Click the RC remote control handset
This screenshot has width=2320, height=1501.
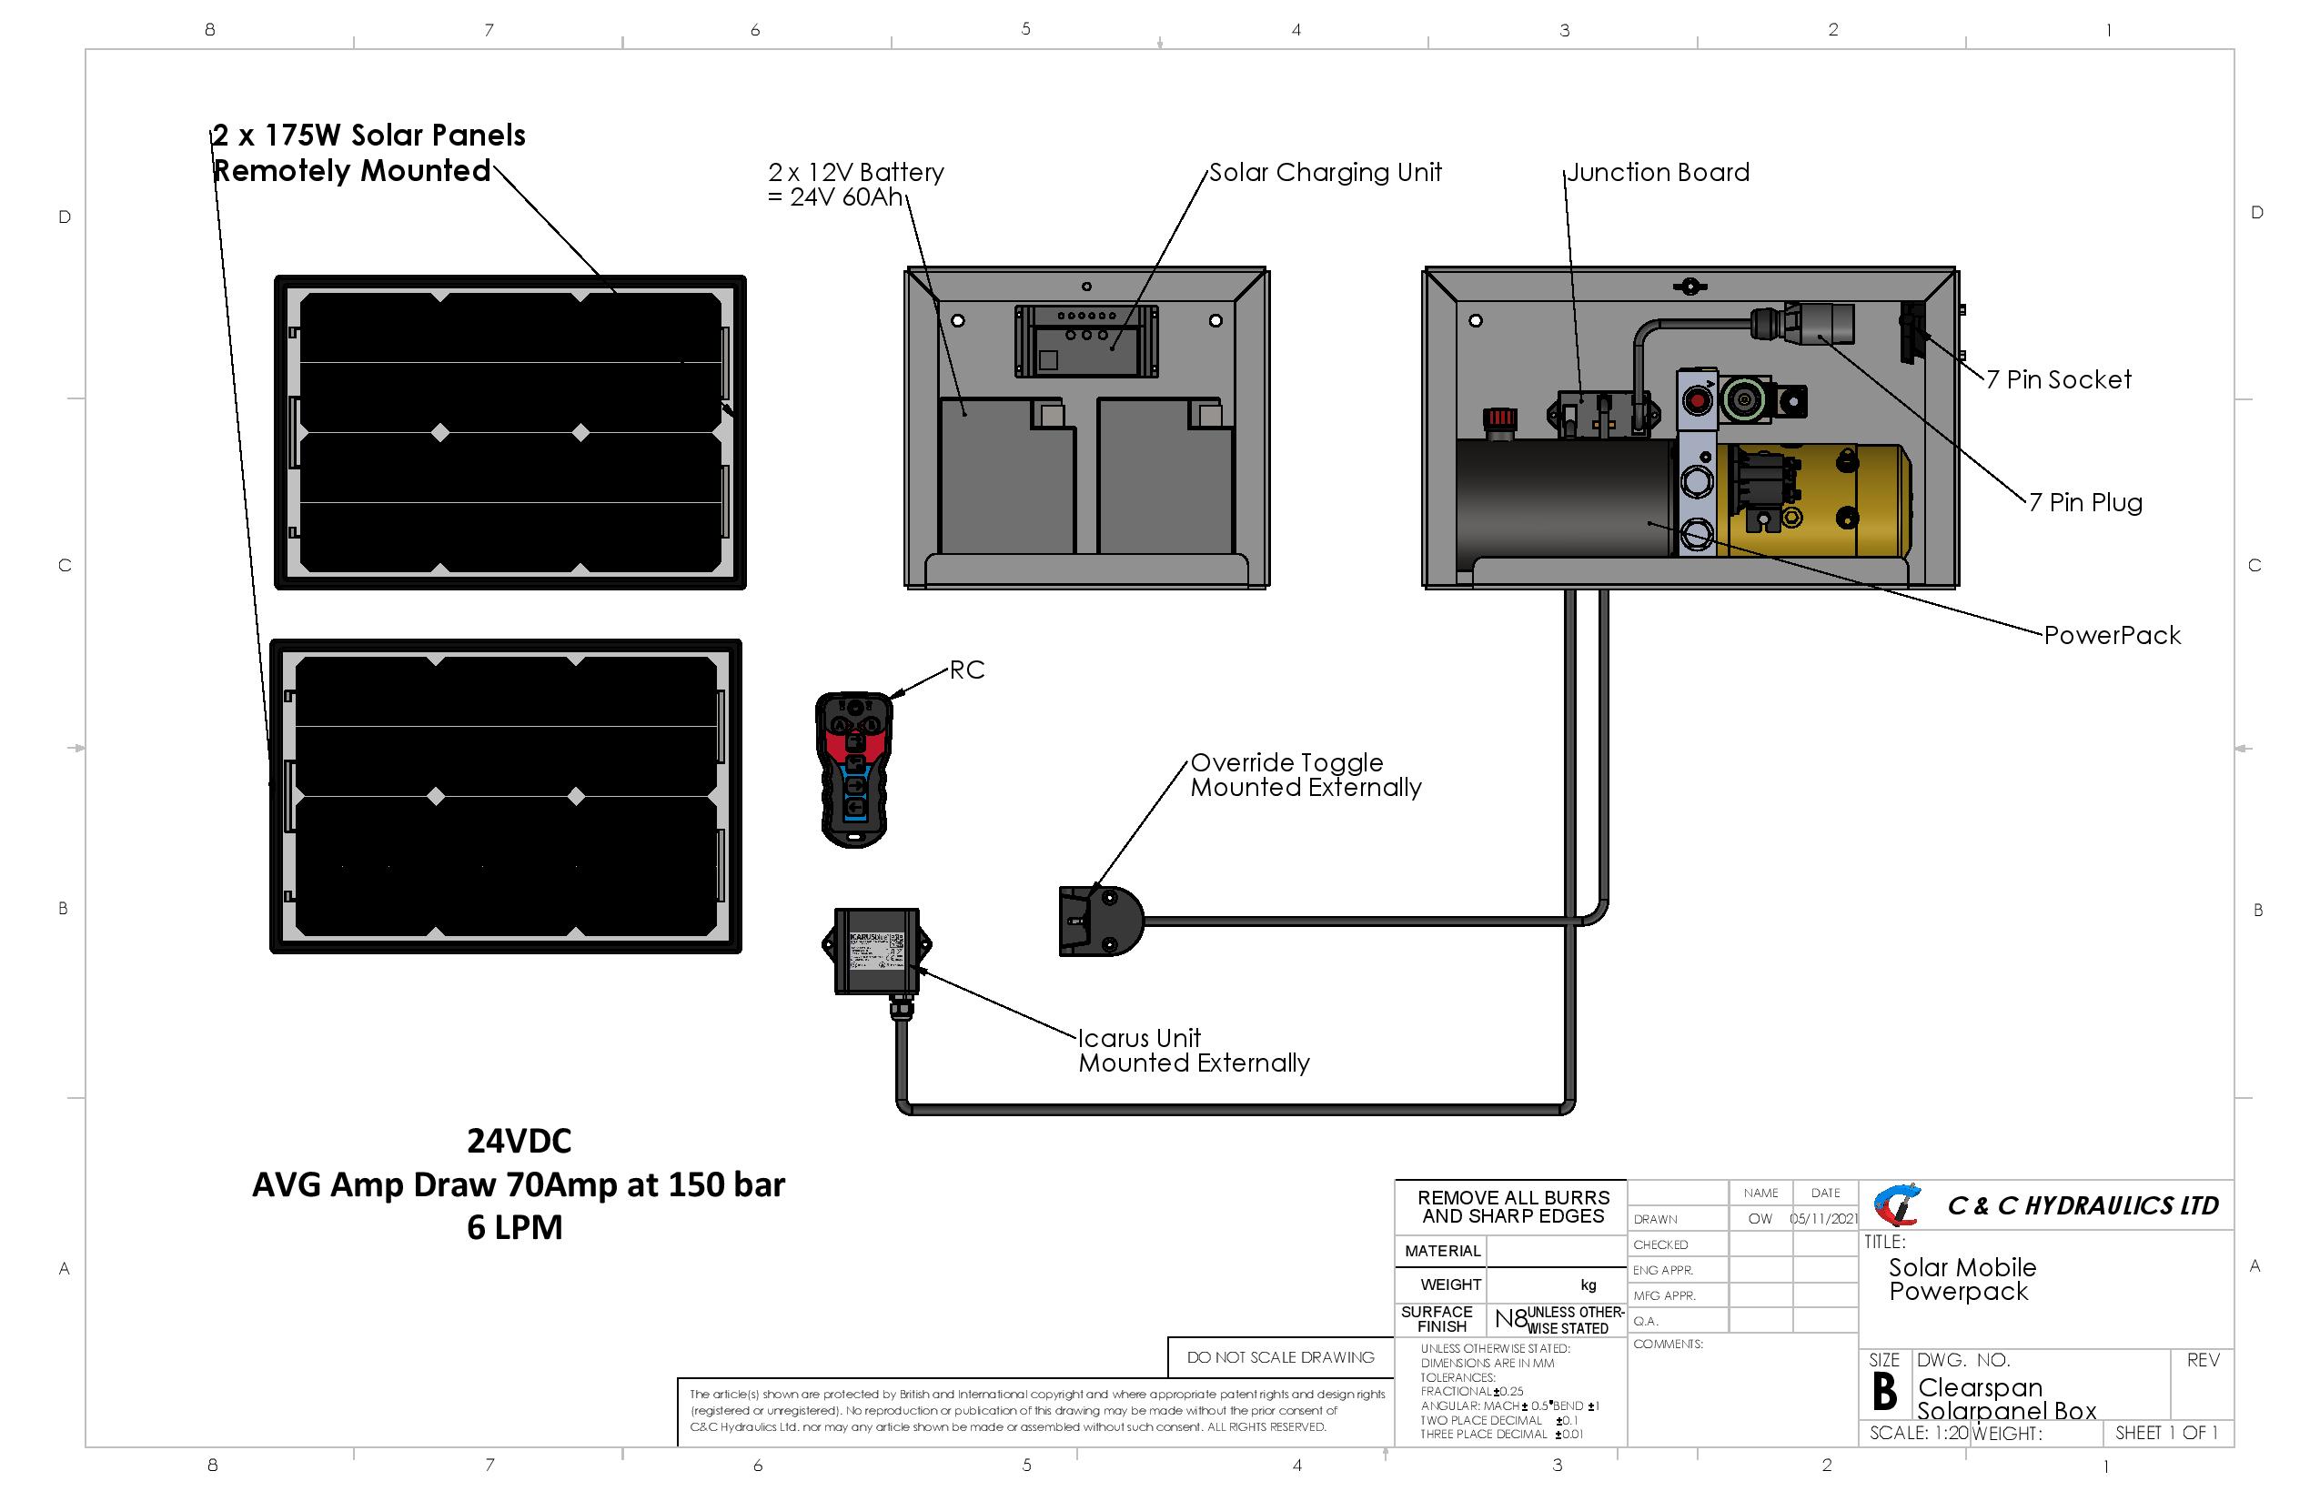click(x=854, y=770)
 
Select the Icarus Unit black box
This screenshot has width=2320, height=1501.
click(x=876, y=952)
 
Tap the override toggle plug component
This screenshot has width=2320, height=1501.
click(x=1099, y=921)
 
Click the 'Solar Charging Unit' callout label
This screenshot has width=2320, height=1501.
click(x=1325, y=173)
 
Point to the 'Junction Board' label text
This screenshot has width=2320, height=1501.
click(x=1657, y=173)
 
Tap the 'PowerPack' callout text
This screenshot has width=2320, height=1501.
click(x=2112, y=636)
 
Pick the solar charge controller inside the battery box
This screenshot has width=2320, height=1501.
click(x=1086, y=341)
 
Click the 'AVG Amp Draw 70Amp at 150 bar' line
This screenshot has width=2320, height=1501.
click(x=518, y=1185)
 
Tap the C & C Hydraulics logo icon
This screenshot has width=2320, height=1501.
click(x=1897, y=1205)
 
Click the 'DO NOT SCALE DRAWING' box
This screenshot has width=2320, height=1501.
click(x=1280, y=1357)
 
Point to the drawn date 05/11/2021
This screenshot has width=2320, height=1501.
click(x=1824, y=1219)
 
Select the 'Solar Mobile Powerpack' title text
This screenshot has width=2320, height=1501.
click(x=1962, y=1280)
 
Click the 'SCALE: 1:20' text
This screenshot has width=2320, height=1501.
click(x=1918, y=1433)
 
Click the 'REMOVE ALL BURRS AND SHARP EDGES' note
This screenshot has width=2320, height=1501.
click(x=1513, y=1206)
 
